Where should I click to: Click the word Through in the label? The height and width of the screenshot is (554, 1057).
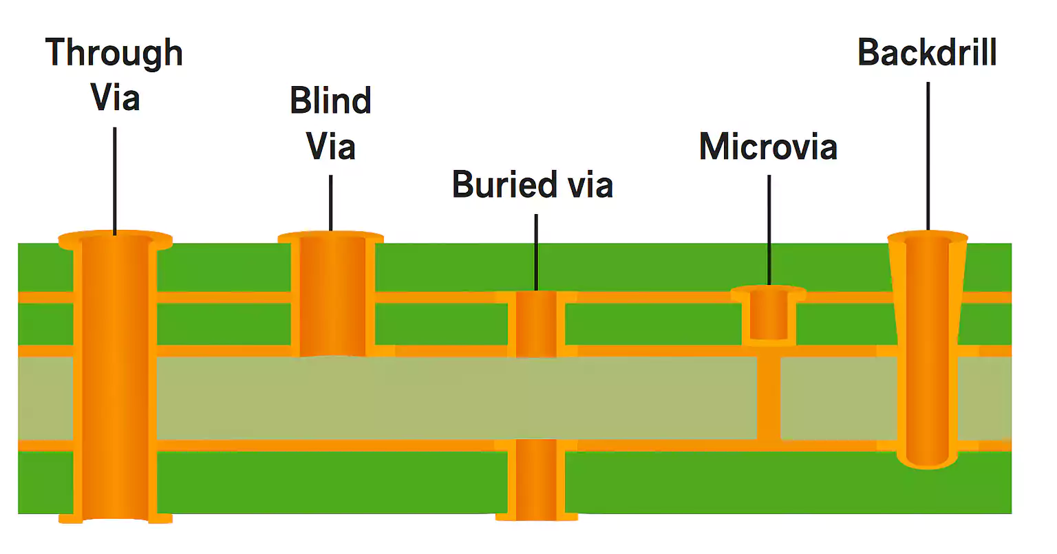(x=114, y=53)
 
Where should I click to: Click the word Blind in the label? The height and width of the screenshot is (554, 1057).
(x=330, y=100)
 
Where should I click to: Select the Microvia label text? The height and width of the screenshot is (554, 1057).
(x=768, y=147)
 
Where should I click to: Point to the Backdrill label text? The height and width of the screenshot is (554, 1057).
(x=927, y=52)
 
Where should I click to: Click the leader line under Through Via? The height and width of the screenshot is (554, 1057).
(x=115, y=179)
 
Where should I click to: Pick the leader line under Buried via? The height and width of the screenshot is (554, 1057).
(x=536, y=251)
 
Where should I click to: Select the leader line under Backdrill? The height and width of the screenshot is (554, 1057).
(x=928, y=155)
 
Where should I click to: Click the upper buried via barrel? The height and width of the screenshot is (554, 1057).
(x=536, y=323)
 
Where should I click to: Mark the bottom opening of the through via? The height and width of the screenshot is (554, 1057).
(x=115, y=518)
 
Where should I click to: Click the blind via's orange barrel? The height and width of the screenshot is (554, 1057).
(x=331, y=296)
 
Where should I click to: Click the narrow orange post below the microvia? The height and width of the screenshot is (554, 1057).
(x=768, y=398)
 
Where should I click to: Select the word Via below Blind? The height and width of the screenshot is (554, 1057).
(x=330, y=147)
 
